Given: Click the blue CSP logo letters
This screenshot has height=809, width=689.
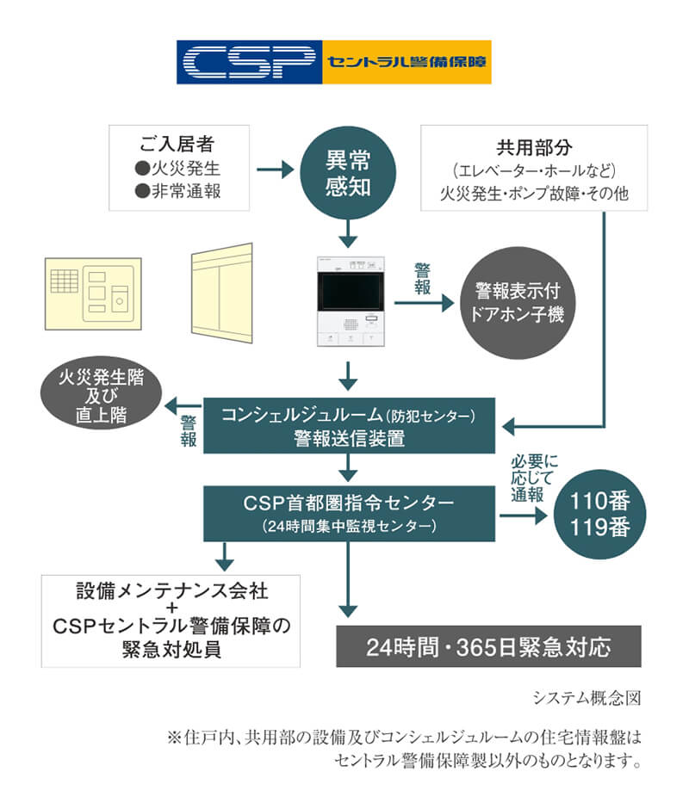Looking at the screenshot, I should click(x=249, y=61).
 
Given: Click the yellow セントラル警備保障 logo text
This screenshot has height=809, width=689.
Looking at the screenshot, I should click(x=406, y=62).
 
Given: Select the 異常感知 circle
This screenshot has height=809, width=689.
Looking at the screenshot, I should click(x=347, y=172).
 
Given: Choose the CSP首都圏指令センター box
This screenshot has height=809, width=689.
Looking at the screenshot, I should click(x=349, y=512).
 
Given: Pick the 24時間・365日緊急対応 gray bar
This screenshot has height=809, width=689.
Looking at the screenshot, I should click(x=488, y=645).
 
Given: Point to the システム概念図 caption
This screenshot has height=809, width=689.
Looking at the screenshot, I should click(x=587, y=697).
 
